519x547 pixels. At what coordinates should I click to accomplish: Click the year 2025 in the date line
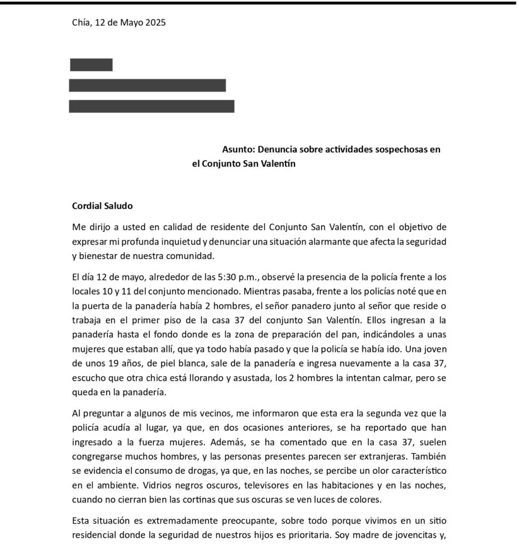pyautogui.click(x=154, y=22)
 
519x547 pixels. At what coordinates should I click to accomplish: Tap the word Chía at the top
pyautogui.click(x=81, y=22)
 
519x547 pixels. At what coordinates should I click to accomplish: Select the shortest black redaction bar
pyautogui.click(x=91, y=65)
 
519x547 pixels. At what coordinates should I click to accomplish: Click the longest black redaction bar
pyautogui.click(x=152, y=106)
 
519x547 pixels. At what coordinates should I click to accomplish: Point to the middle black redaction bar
pyautogui.click(x=148, y=85)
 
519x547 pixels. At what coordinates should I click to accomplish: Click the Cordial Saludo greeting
pyautogui.click(x=102, y=206)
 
